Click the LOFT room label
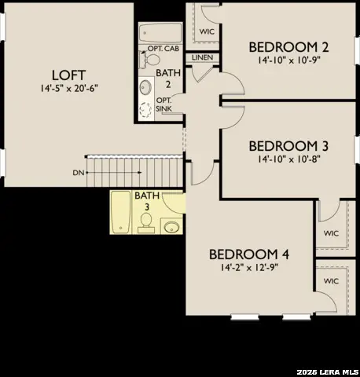(68, 75)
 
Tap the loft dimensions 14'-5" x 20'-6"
(68, 89)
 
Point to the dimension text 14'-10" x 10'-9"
(287, 60)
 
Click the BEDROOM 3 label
(288, 146)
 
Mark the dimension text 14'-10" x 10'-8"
(288, 159)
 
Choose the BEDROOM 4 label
(249, 254)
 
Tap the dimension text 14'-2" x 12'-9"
(249, 267)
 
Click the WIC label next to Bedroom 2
(208, 31)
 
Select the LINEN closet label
(202, 57)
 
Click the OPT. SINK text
(163, 104)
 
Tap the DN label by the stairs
(78, 171)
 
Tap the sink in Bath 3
(172, 227)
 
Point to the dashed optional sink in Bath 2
(145, 109)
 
